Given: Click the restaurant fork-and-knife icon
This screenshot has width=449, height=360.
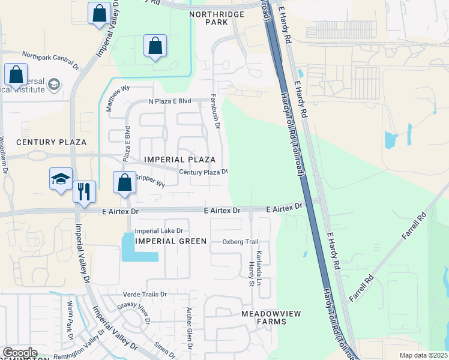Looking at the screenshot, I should (x=84, y=191).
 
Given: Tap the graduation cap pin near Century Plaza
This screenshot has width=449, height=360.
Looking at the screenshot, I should (x=61, y=179).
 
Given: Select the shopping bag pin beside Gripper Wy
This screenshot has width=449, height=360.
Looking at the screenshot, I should (x=124, y=183).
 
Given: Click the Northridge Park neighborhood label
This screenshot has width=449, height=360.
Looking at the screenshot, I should (x=208, y=17).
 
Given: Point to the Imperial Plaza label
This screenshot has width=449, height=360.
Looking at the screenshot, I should (x=180, y=160).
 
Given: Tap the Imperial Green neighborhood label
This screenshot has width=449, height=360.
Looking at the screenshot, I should (x=171, y=241).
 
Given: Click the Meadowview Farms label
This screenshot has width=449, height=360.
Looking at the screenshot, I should (x=271, y=317).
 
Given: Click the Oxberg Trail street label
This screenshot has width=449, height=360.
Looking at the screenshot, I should (x=240, y=242).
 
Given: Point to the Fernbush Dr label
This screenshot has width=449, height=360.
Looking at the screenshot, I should (x=215, y=112).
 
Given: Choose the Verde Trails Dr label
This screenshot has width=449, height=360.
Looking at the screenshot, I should (x=145, y=295).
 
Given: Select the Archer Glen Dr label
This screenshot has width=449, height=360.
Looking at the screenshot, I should (x=189, y=328).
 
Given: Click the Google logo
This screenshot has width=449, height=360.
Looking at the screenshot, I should (x=20, y=353).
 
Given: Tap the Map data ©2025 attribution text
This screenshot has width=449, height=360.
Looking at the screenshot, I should (x=423, y=355).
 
